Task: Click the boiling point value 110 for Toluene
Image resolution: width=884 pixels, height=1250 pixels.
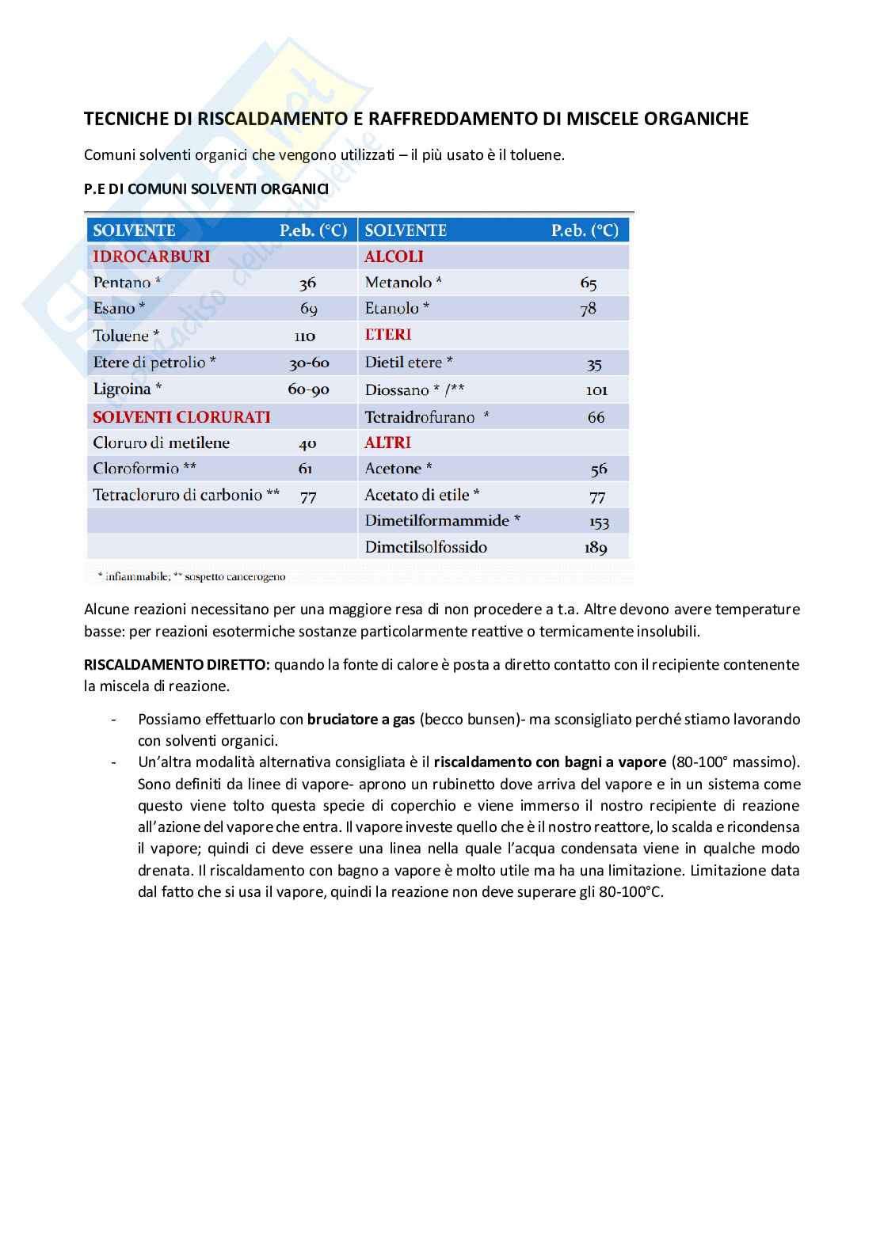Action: (305, 336)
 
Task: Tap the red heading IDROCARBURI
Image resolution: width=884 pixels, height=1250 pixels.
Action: (151, 256)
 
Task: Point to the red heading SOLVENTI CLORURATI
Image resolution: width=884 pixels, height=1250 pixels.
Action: (181, 416)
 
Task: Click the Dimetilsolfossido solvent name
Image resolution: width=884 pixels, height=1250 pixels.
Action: (425, 547)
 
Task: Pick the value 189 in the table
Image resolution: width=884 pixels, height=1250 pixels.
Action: (596, 548)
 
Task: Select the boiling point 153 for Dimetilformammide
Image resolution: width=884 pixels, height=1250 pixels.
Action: (599, 522)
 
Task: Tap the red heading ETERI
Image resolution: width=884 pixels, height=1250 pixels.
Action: (387, 335)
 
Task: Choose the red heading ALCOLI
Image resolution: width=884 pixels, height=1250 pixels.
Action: (394, 256)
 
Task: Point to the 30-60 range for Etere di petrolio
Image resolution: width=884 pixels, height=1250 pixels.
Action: (309, 363)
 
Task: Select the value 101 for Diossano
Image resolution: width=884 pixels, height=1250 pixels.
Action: (596, 390)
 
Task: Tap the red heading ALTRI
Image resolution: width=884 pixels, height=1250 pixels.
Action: (387, 443)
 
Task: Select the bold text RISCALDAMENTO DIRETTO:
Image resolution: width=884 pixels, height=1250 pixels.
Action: (177, 665)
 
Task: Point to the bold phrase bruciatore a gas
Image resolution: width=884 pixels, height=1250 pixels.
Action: (361, 720)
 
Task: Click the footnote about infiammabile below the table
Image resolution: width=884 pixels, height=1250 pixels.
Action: (190, 576)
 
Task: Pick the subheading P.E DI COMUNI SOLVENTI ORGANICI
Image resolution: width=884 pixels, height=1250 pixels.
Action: (206, 189)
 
